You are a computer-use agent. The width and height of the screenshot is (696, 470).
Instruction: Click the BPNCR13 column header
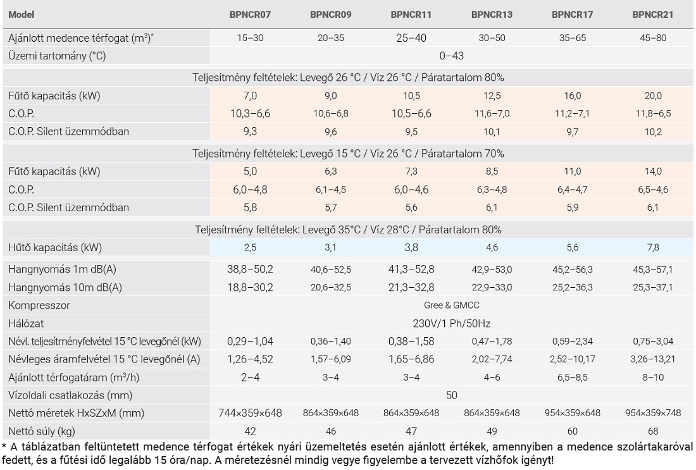492,14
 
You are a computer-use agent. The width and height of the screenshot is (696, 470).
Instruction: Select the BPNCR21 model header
653,14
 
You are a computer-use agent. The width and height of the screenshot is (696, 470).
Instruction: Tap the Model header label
22,14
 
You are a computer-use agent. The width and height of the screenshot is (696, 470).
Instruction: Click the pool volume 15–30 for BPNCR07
250,38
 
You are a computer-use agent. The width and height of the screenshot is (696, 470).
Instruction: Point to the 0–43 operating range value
451,56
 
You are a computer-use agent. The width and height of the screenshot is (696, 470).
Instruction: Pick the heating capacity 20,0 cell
653,96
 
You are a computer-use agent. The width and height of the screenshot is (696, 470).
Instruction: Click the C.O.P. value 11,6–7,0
492,114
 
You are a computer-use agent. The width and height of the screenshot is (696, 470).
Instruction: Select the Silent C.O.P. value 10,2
653,132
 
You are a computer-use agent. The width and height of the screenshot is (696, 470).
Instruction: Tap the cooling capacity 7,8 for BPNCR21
653,247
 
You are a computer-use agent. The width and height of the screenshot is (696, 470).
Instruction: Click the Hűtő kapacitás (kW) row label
55,247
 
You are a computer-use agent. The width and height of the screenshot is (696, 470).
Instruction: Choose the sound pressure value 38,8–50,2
250,269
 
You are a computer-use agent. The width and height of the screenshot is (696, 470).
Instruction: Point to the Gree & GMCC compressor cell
451,306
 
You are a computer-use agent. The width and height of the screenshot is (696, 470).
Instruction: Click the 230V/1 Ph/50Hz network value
451,324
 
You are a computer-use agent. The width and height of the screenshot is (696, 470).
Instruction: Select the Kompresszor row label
39,306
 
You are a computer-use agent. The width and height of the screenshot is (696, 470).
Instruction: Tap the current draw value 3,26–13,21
653,359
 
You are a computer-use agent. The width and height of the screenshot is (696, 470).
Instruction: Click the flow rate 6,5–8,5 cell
572,378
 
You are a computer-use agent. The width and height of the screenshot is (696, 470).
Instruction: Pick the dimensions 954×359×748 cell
653,413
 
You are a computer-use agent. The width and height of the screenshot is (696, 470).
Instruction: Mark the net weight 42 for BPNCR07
250,431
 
